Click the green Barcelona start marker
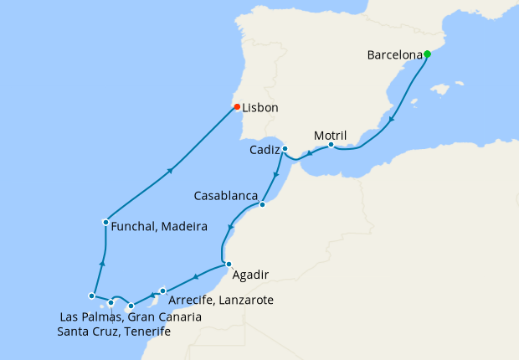pyautogui.click(x=427, y=54)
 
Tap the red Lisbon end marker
pyautogui.click(x=237, y=106)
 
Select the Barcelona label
pyautogui.click(x=393, y=55)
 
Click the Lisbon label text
pyautogui.click(x=260, y=108)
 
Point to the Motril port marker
pyautogui.click(x=331, y=145)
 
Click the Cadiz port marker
pyautogui.click(x=285, y=149)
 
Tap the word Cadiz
pyautogui.click(x=265, y=151)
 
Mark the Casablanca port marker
pyautogui.click(x=262, y=204)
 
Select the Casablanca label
pyautogui.click(x=225, y=196)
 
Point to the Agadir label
pyautogui.click(x=252, y=274)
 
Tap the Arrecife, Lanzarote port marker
pyautogui.click(x=163, y=291)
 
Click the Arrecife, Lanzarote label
pyautogui.click(x=221, y=301)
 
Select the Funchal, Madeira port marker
pyautogui.click(x=105, y=222)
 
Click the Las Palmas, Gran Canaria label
pyautogui.click(x=131, y=317)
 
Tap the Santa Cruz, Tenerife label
pyautogui.click(x=114, y=332)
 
